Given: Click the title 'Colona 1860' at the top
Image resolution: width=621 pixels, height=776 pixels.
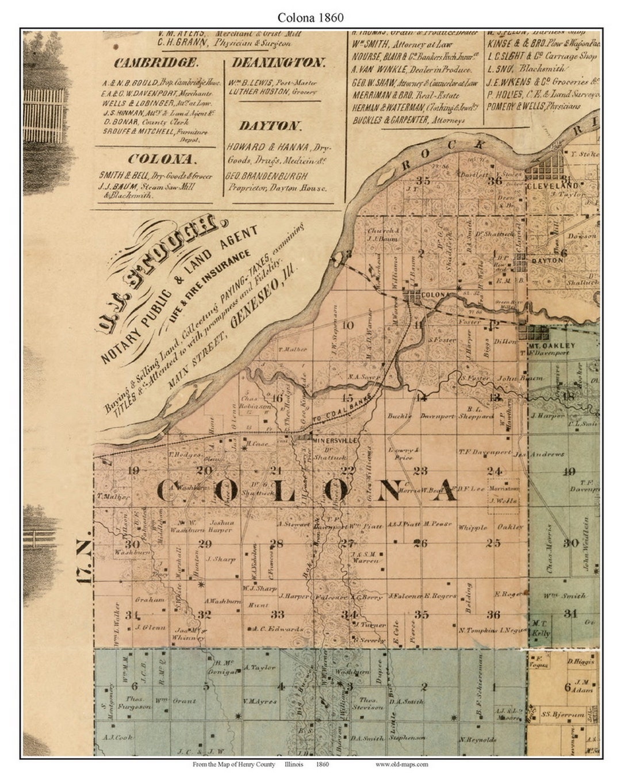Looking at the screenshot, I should pos(310,17).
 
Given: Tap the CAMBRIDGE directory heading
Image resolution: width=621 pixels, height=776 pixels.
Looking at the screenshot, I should pos(156,63).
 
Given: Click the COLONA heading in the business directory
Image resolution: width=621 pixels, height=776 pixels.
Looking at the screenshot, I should pos(162,159).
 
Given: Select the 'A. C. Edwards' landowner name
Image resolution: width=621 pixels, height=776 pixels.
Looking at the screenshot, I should pos(278,629).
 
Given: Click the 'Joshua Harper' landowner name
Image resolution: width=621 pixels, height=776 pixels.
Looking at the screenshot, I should pos(221,526).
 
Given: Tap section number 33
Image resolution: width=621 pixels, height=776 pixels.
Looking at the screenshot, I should pos(278,614).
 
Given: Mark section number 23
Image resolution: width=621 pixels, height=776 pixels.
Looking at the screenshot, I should pos(420,471).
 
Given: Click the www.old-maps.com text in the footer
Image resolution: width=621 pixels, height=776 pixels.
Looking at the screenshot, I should pos(401,765).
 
